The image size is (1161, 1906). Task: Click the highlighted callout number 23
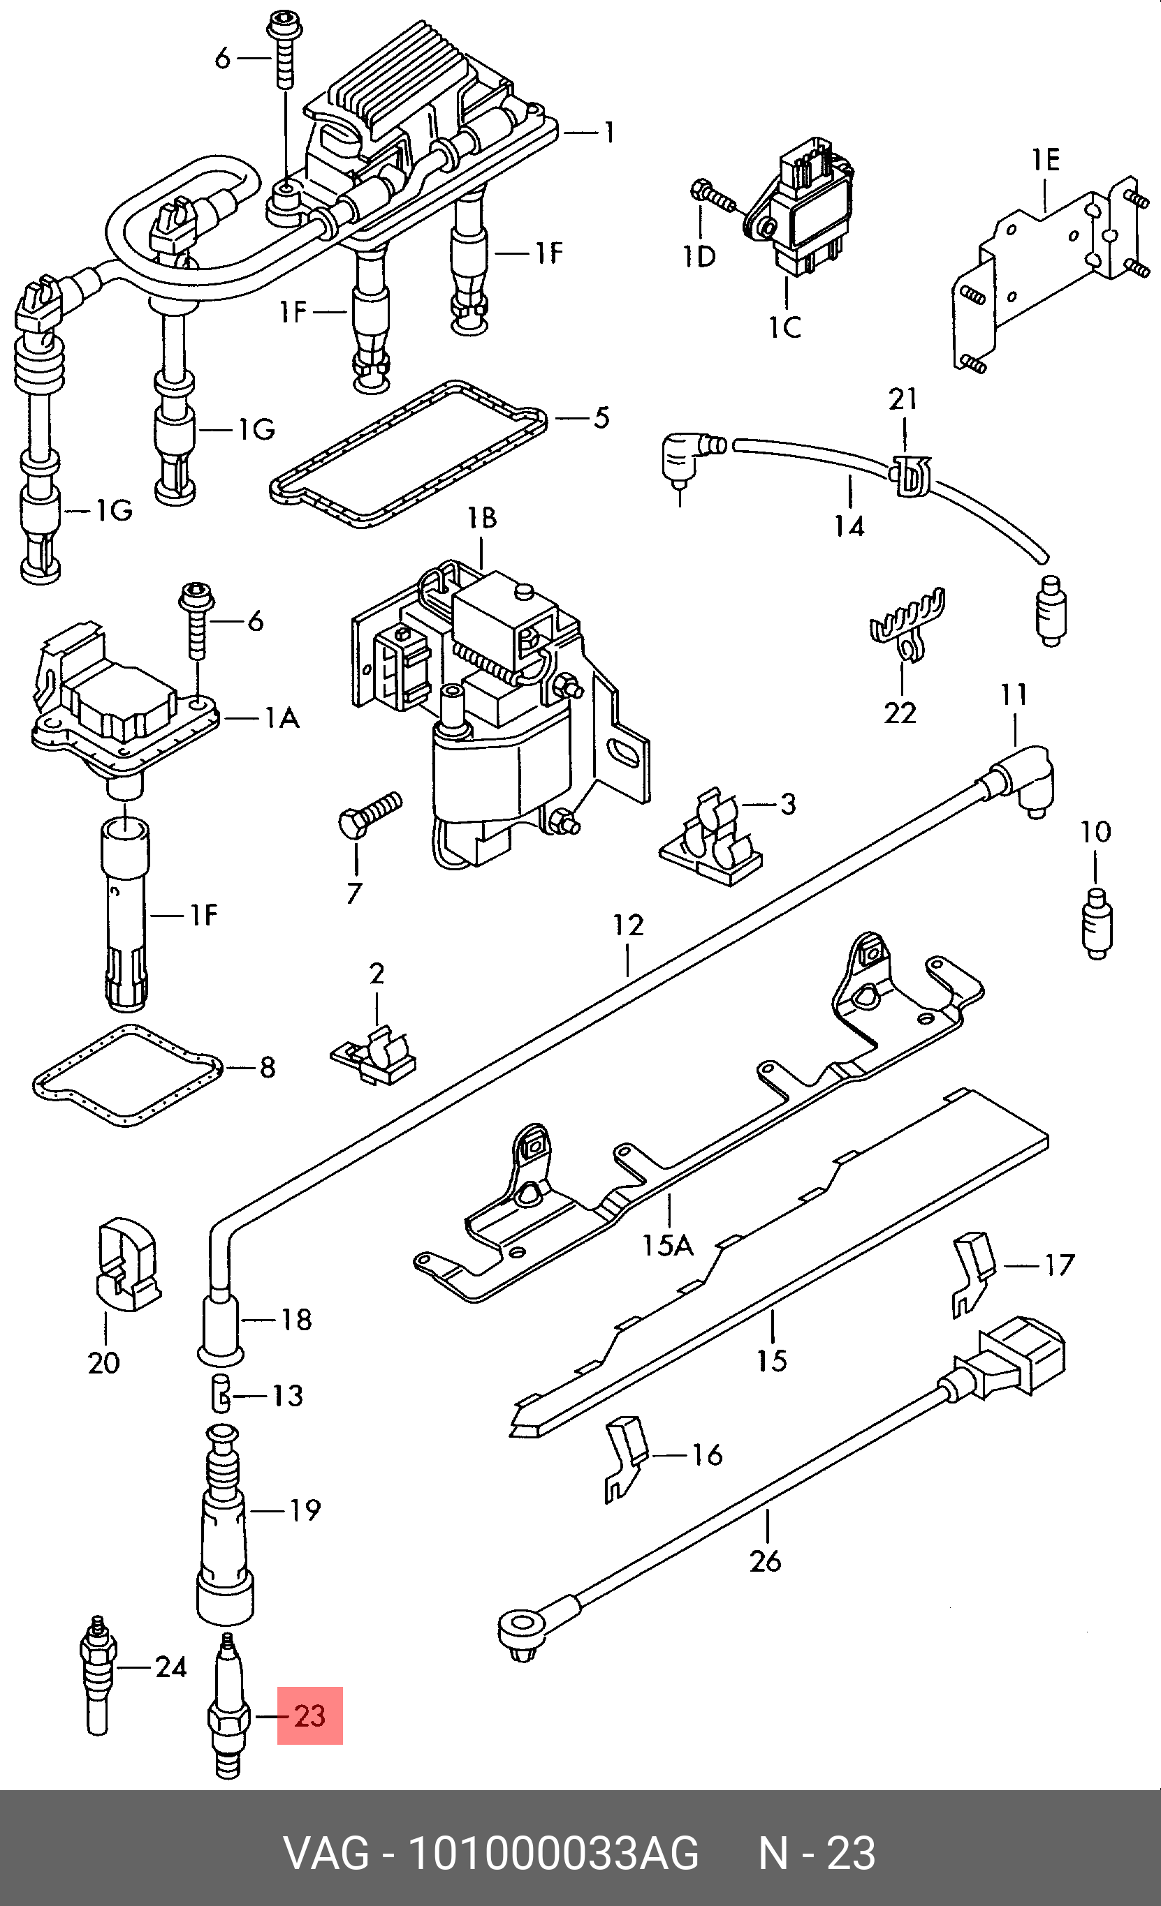[x=309, y=1715]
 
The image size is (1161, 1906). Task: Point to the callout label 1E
[x=1045, y=160]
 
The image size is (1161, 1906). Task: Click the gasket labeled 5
[x=409, y=454]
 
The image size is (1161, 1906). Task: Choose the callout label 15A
[x=668, y=1245]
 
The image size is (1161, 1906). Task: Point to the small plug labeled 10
[x=1095, y=923]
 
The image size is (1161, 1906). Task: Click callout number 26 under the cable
[x=766, y=1561]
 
